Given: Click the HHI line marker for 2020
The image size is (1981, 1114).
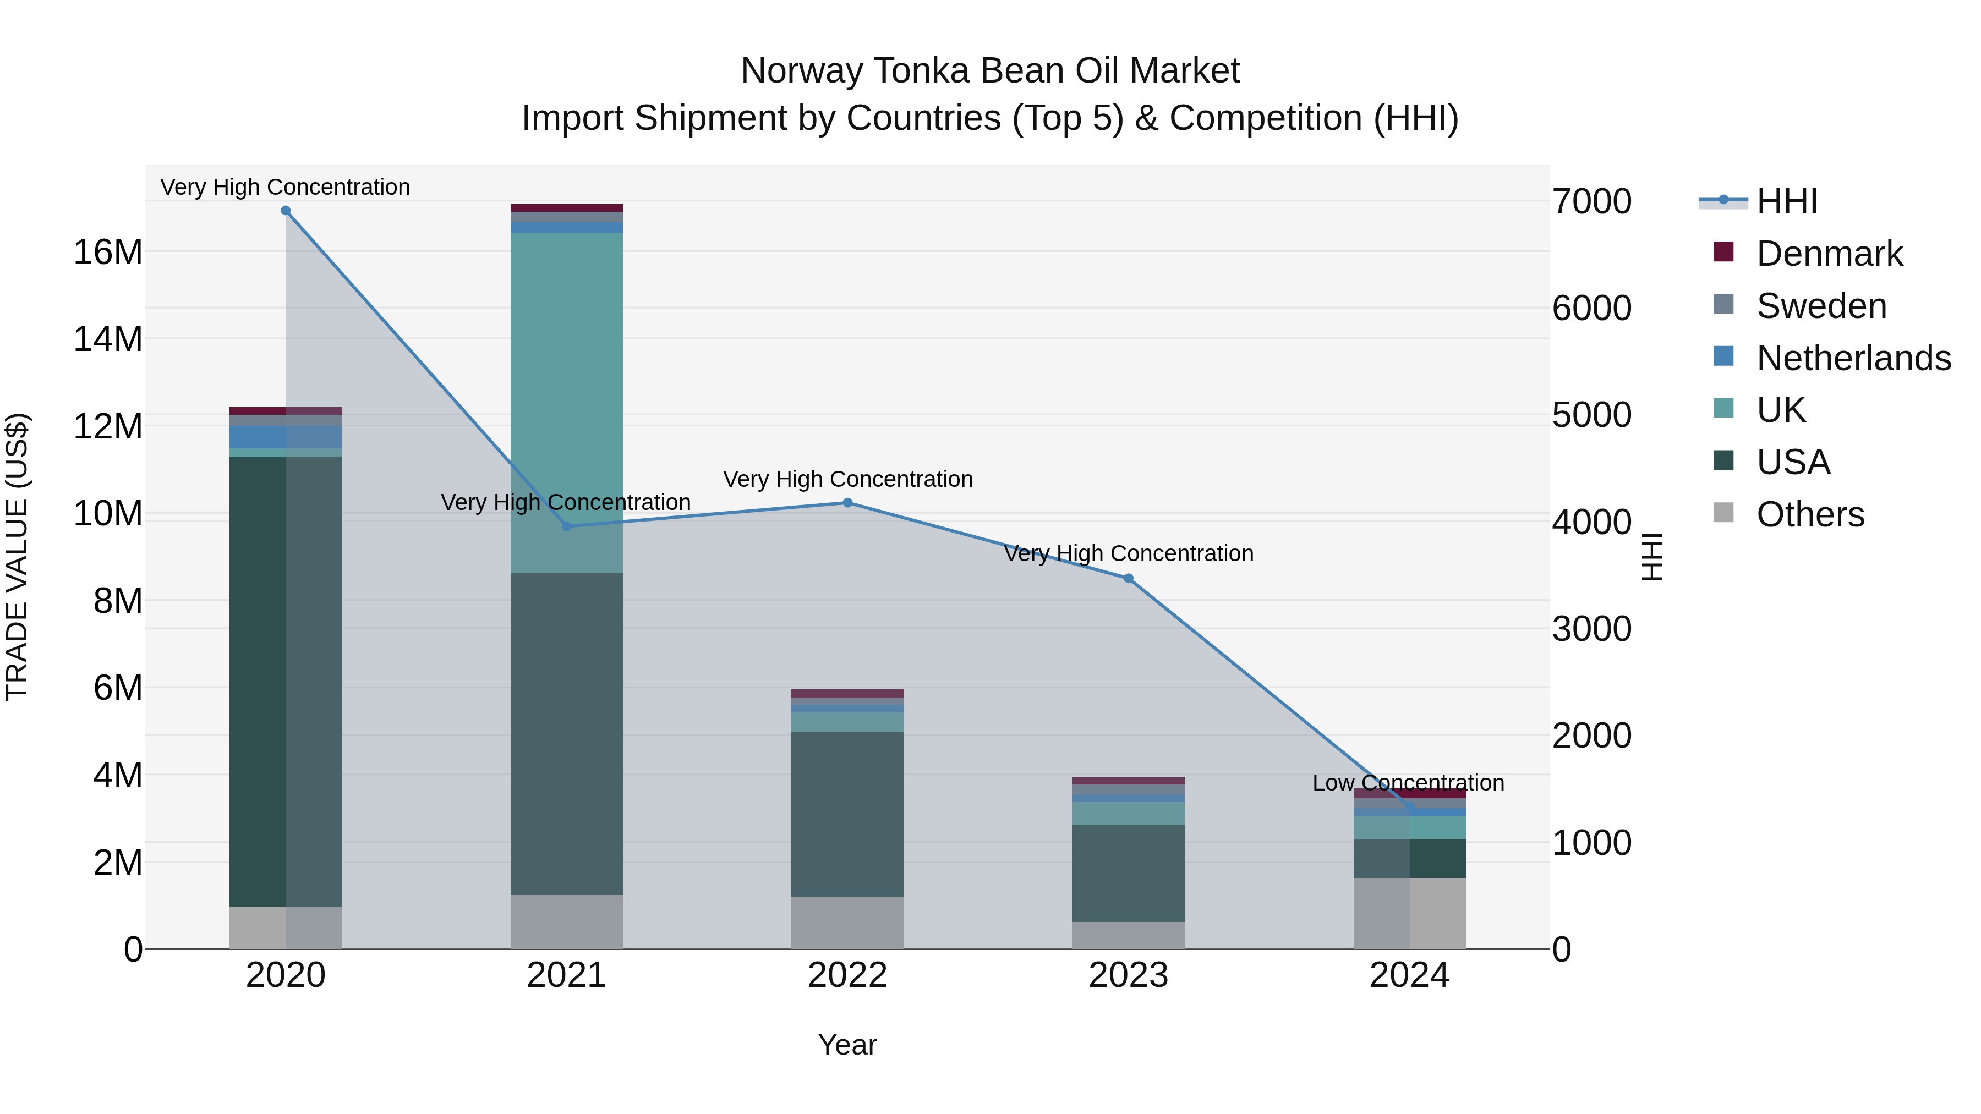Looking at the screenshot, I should point(285,211).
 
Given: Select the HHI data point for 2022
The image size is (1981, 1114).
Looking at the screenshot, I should point(847,503).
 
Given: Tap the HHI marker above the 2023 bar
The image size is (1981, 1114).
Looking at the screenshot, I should point(1128,579).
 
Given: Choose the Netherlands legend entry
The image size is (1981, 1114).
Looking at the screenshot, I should point(1853,358).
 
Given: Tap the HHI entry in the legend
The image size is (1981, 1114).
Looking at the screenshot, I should point(1786,201).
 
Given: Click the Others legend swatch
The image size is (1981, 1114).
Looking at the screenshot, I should point(1723,513).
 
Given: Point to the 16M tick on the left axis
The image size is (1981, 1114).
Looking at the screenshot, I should point(108,252).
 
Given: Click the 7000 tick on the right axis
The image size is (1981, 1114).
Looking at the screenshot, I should point(1591,201).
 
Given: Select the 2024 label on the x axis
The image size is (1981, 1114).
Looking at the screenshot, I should point(1409,975).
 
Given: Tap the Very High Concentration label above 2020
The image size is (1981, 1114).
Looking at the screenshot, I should point(285,187).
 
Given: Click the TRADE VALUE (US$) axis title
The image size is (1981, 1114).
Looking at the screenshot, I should point(17,557).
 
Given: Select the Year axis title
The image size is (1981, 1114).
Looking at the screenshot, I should point(847,1045).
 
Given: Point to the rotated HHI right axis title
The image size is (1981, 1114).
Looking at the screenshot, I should point(1652,557).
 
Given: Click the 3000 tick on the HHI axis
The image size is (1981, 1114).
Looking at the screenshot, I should point(1591,629).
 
